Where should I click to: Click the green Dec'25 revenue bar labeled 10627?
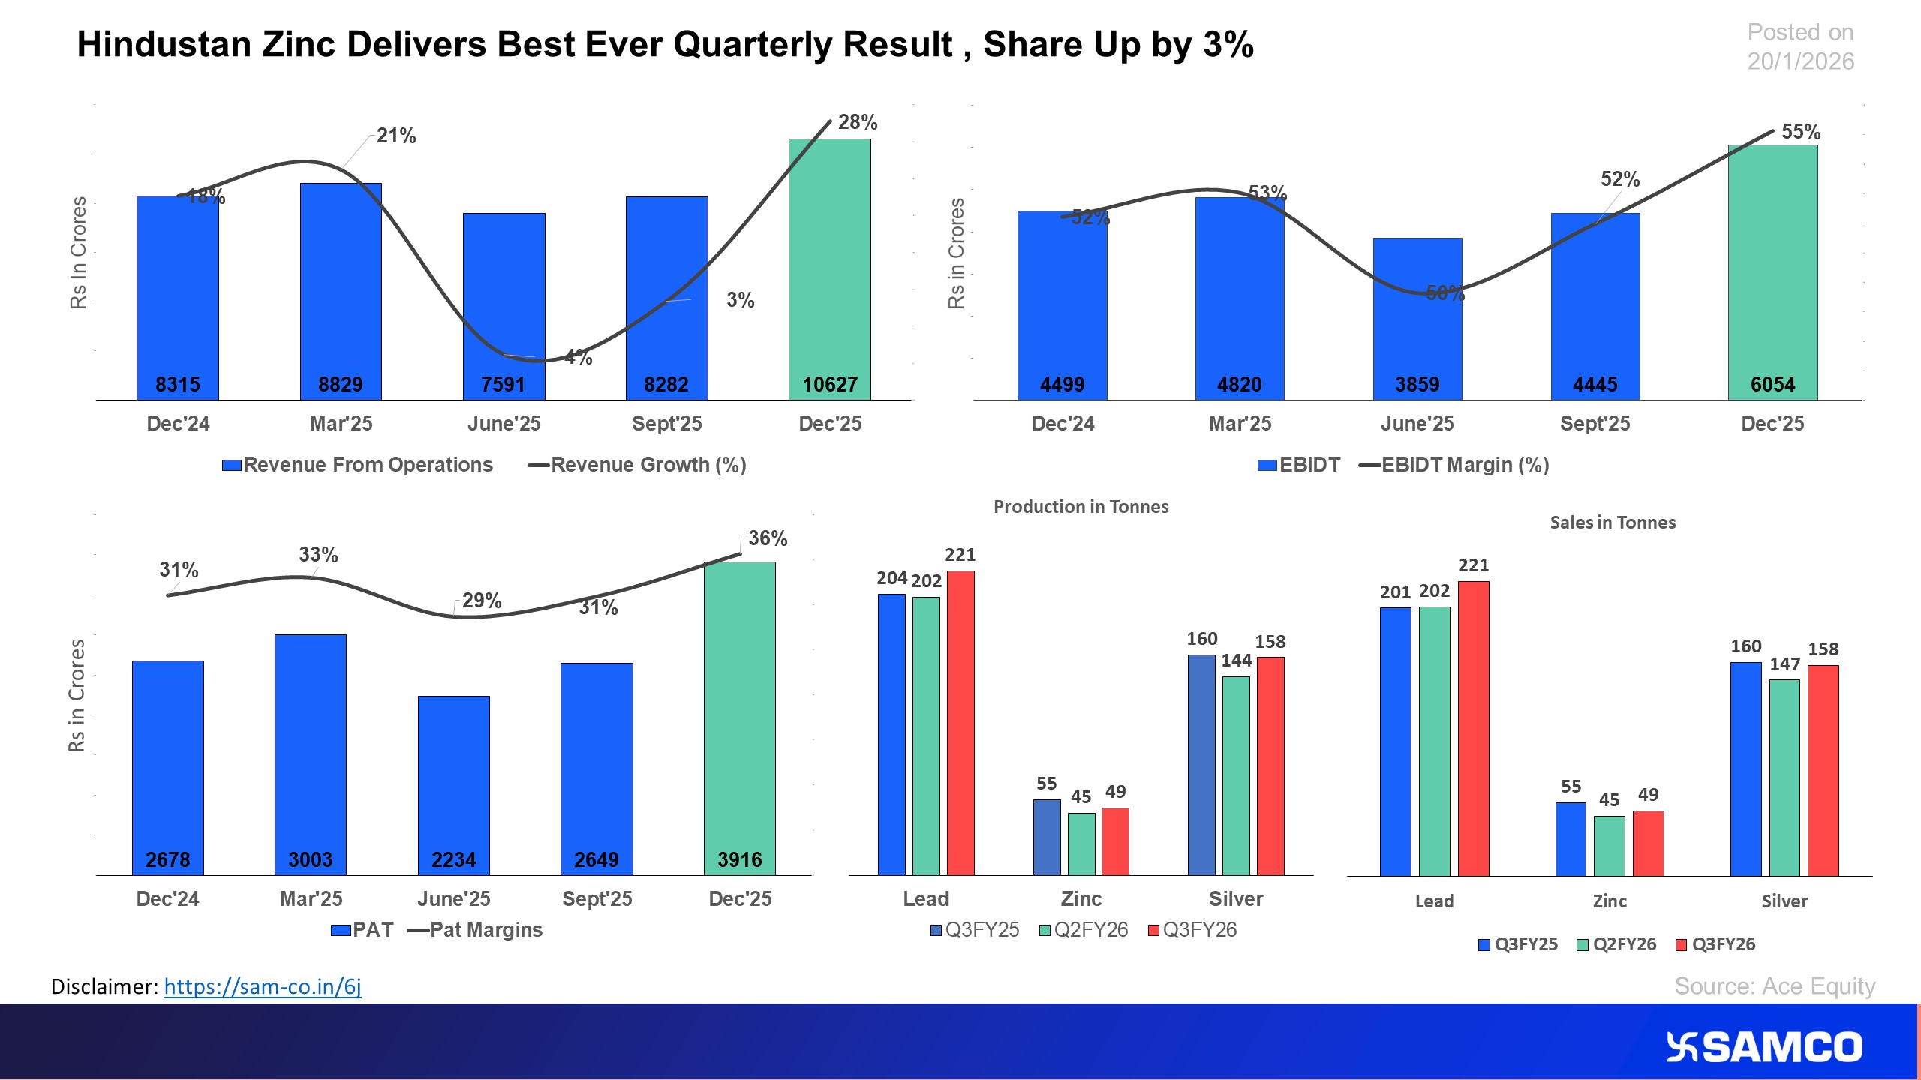click(x=829, y=270)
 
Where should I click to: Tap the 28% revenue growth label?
click(x=857, y=122)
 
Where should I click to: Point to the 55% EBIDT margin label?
click(x=1800, y=132)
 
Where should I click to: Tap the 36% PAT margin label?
click(x=767, y=538)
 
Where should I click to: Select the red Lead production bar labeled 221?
click(x=960, y=723)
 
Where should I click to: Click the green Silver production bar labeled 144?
click(x=1236, y=775)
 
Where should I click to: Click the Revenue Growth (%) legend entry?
click(x=638, y=465)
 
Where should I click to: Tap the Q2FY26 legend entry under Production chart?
click(x=1084, y=930)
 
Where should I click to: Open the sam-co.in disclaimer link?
click(x=263, y=986)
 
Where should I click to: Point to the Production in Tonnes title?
click(x=1081, y=507)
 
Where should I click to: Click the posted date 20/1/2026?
click(x=1800, y=61)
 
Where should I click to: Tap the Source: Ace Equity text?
click(x=1775, y=986)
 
